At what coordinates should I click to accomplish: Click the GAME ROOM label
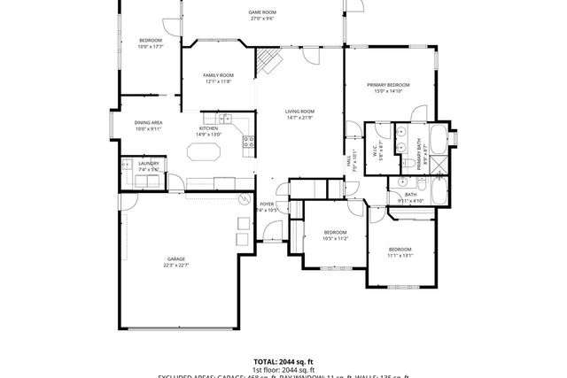tap(262, 12)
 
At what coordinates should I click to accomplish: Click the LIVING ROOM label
tap(299, 112)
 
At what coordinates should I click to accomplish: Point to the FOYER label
tap(267, 204)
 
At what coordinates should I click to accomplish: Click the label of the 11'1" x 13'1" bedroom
tap(400, 250)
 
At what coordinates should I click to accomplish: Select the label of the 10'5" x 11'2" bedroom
tap(335, 232)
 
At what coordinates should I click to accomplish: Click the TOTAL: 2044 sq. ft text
tap(283, 362)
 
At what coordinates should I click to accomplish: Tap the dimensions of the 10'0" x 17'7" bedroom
tap(151, 47)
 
